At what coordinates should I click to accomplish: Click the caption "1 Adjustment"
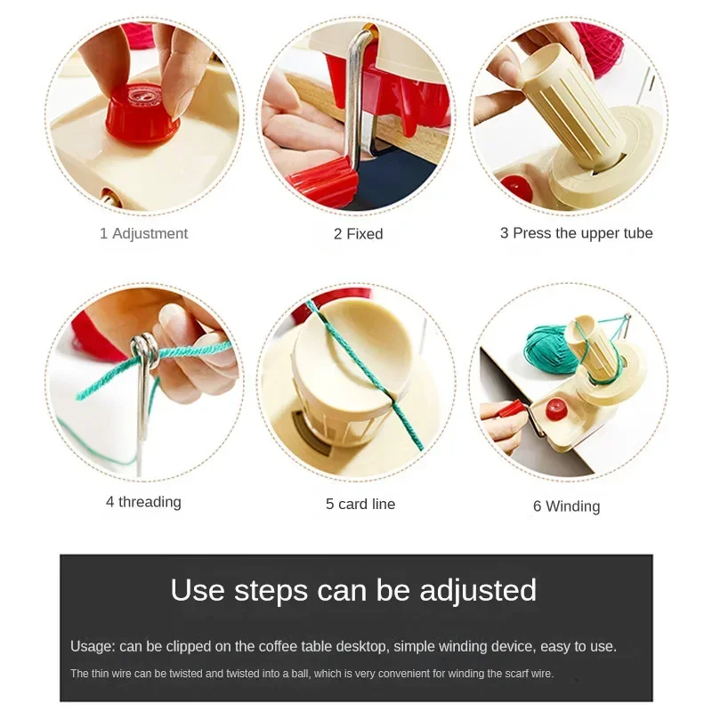coord(143,233)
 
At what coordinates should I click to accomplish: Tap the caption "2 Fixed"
coord(358,234)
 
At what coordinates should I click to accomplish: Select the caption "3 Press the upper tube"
coord(576,233)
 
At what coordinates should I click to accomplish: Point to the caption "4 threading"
coord(143,502)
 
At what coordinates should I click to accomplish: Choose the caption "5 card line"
coord(360,504)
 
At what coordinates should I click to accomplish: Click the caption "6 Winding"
coord(566,506)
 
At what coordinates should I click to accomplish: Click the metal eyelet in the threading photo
coord(144,350)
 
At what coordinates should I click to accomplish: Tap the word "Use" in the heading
coord(198,590)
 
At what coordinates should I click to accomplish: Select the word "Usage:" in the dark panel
coord(93,646)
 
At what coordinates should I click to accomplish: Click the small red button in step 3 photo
coord(517,186)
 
